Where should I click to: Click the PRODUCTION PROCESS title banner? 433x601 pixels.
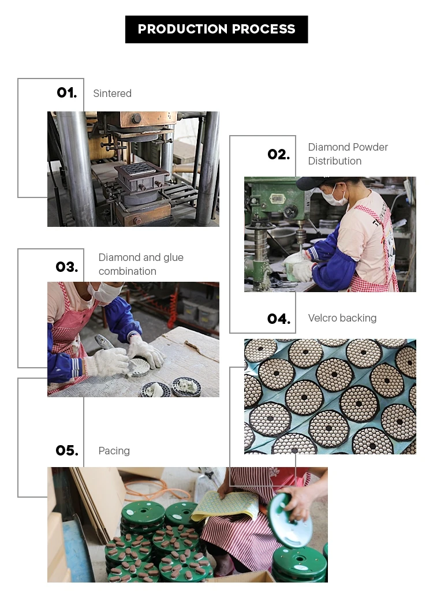[x=216, y=29]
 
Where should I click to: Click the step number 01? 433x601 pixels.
[x=67, y=93]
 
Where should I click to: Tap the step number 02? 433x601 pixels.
[x=278, y=154]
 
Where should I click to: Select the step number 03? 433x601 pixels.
[x=67, y=267]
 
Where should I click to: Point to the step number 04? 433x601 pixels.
[x=278, y=319]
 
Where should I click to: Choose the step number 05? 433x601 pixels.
[x=67, y=451]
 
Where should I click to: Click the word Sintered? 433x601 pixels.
[x=112, y=94]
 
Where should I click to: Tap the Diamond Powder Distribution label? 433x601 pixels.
[x=348, y=154]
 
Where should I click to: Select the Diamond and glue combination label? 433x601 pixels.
[x=141, y=264]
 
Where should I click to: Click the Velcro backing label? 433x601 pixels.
[x=342, y=318]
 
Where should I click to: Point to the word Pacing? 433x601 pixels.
[x=114, y=451]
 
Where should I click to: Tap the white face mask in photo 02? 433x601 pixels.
[x=334, y=198]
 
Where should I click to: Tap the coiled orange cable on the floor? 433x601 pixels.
[x=156, y=491]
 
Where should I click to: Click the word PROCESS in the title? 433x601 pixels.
[x=263, y=29]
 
